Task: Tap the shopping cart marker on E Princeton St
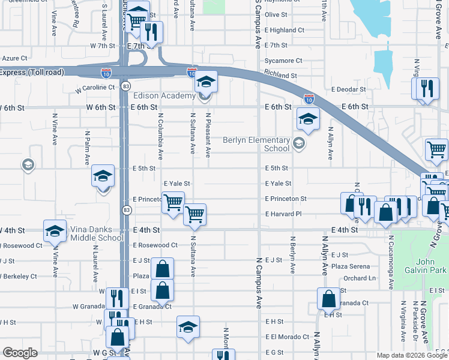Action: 173,203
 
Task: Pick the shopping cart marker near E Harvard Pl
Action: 194,214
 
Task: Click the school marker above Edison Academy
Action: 206,81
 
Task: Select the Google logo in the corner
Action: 20,353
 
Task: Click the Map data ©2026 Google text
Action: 412,355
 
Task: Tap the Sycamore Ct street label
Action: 284,61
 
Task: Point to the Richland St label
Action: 281,76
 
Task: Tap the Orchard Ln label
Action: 360,278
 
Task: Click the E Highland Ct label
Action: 285,30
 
